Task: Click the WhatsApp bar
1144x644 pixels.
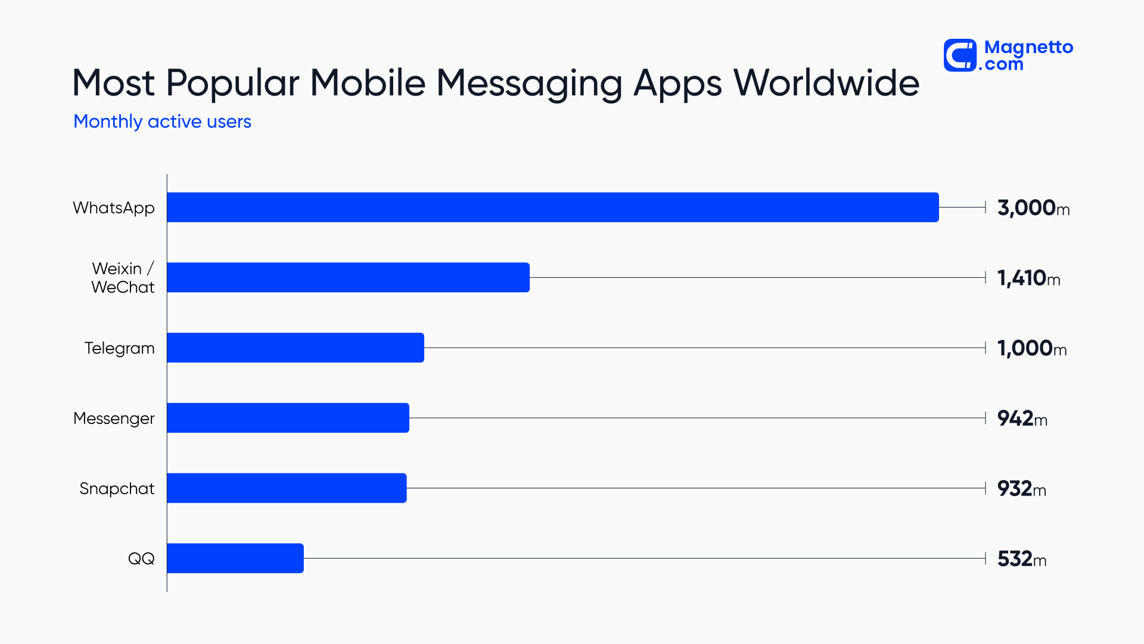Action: [x=552, y=207]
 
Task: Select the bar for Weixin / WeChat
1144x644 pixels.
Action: [x=348, y=277]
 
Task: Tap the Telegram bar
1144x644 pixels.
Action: [x=296, y=348]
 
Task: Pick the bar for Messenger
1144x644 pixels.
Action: [x=288, y=418]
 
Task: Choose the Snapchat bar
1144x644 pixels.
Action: [x=287, y=488]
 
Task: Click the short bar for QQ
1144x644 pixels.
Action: [x=235, y=558]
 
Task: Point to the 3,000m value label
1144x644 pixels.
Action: [x=1033, y=208]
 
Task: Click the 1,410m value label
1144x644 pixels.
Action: [x=1028, y=278]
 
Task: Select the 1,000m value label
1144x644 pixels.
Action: [x=1031, y=348]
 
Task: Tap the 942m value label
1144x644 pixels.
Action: [x=1022, y=419]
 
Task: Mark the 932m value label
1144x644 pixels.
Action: [x=1021, y=489]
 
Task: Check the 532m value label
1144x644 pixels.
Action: [x=1021, y=559]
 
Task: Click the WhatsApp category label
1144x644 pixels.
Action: [x=113, y=208]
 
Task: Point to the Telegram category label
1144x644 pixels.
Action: [x=119, y=348]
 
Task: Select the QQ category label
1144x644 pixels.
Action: [x=141, y=559]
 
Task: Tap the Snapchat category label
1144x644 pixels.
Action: [x=117, y=488]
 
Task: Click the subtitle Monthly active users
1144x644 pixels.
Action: [x=162, y=122]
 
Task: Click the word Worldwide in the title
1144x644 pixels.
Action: [x=826, y=83]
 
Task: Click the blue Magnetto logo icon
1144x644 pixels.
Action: [x=960, y=55]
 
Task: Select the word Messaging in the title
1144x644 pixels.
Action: [x=529, y=84]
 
